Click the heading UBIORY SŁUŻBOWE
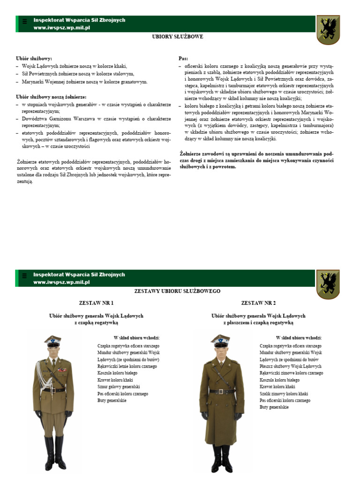pos(178,37)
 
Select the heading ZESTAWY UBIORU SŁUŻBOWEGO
pos(177,291)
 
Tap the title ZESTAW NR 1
pos(96,303)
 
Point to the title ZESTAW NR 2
pos(258,303)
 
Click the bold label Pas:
pos(183,59)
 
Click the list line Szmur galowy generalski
pos(119,387)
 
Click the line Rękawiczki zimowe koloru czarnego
pos(291,373)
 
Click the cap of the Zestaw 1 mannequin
pos(53,339)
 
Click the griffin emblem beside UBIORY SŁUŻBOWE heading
pos(328,30)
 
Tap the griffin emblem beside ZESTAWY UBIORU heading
pos(328,285)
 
